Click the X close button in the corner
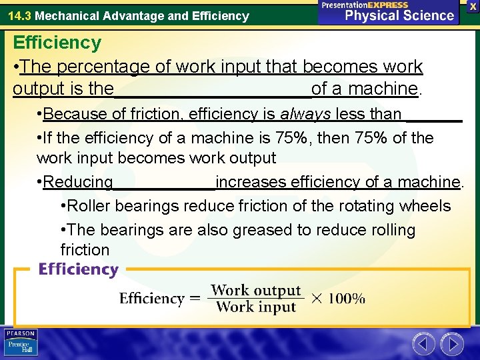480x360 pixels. click(472, 5)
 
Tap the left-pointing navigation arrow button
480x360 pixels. click(423, 344)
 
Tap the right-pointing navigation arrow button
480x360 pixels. click(452, 344)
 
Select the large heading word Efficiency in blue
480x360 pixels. click(57, 43)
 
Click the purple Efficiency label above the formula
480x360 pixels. click(78, 269)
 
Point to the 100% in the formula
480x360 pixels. click(347, 299)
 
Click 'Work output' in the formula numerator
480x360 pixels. click(256, 291)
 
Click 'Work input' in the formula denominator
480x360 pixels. click(256, 307)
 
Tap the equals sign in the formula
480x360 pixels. click(195, 299)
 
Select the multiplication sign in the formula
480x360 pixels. click(317, 299)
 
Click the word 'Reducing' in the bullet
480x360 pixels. click(78, 182)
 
